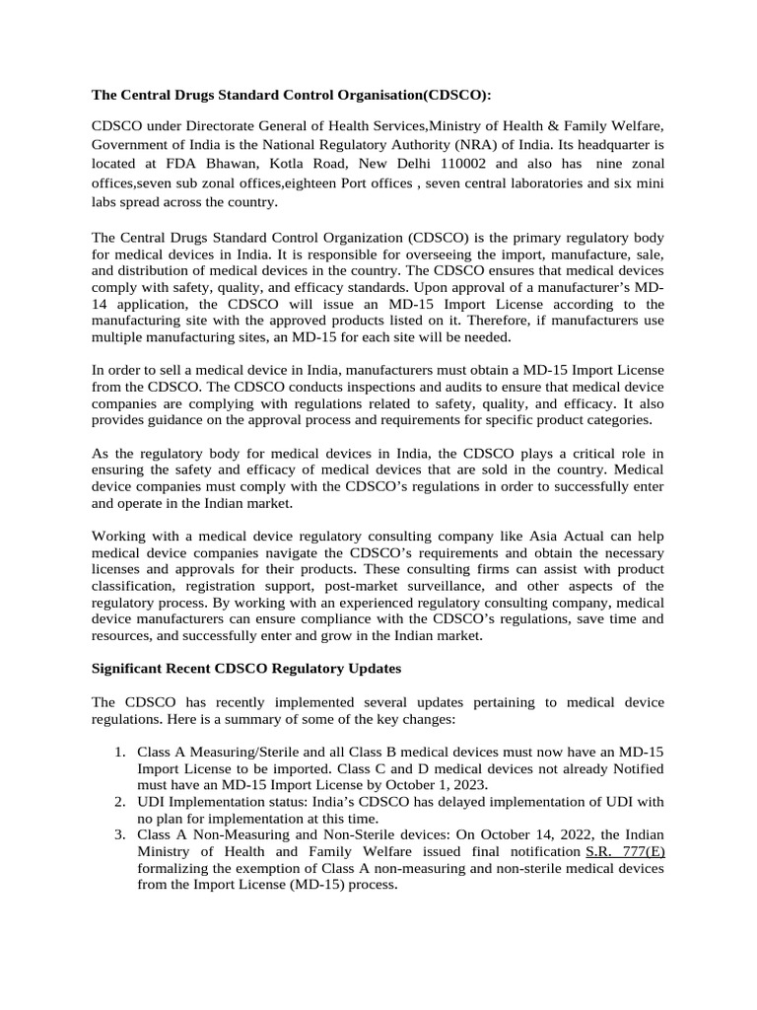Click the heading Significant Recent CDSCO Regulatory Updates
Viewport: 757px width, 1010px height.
click(246, 668)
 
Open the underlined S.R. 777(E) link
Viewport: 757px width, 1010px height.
click(625, 849)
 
